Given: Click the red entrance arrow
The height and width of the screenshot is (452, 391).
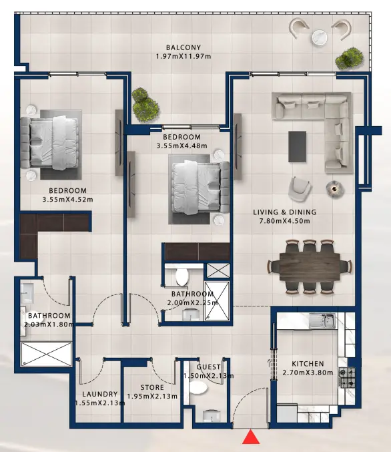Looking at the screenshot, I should pos(251,438).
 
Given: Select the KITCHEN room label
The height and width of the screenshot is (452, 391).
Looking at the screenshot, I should pos(308,364).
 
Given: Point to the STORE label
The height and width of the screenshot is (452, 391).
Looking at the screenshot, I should pos(152,387).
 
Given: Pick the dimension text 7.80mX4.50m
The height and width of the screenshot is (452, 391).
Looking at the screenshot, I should pos(285,222).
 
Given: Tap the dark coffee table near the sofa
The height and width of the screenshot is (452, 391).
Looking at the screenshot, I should pos(297,146).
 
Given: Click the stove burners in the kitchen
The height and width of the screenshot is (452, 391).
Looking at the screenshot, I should pos(348,379).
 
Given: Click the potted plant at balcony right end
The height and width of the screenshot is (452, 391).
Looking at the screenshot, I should pos(347,58).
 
